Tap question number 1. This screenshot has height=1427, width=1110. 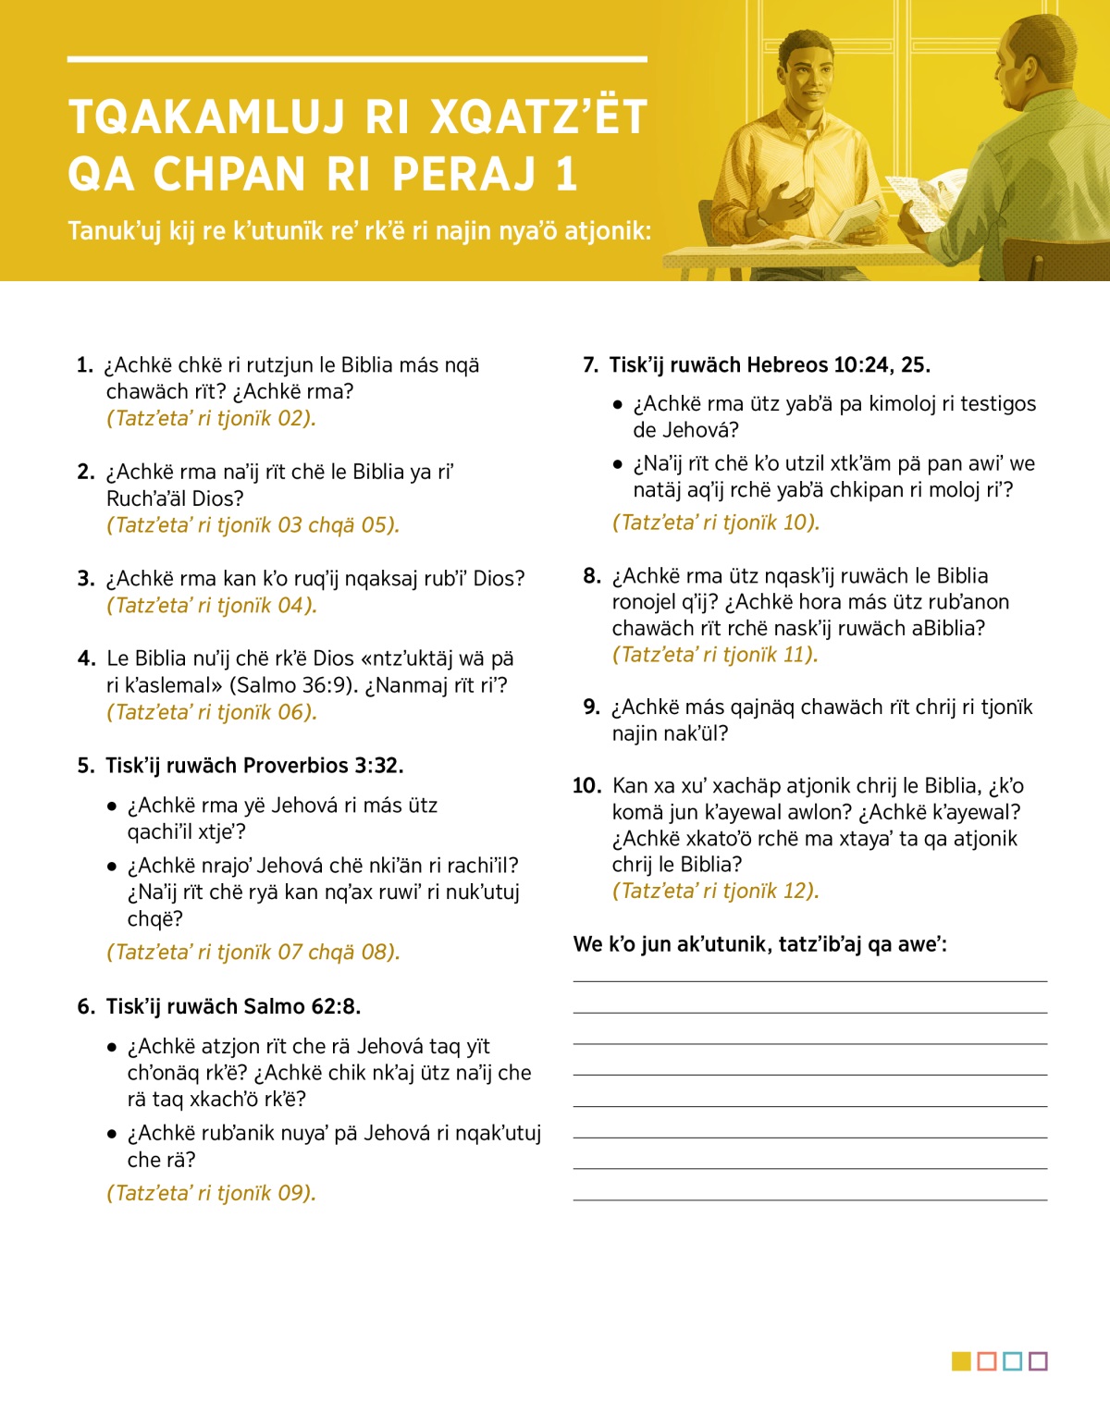tap(85, 365)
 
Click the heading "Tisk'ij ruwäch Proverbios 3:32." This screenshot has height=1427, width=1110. tap(254, 766)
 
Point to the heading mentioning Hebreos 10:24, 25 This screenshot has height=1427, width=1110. tap(769, 365)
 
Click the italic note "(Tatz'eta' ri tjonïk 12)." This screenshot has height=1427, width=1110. tap(715, 892)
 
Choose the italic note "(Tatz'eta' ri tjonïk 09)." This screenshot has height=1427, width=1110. tap(211, 1193)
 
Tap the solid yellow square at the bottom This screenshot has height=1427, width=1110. tap(961, 1361)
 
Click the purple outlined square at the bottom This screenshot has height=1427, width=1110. tap(1038, 1361)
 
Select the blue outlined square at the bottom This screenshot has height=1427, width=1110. tap(1012, 1361)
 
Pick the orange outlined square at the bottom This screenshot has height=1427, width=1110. tap(987, 1361)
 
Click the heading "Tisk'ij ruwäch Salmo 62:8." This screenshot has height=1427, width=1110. tap(233, 1007)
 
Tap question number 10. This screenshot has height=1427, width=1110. tap(587, 786)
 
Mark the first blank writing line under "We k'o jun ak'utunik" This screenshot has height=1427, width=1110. tap(809, 980)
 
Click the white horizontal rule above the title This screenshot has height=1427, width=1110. tap(356, 59)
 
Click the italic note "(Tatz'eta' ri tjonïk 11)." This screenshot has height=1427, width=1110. tap(714, 655)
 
